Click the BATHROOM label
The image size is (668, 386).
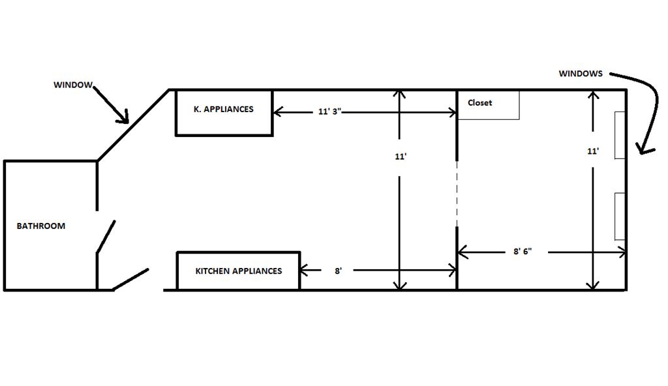point(40,226)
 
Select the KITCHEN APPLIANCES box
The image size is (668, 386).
point(238,271)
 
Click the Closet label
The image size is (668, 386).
point(479,103)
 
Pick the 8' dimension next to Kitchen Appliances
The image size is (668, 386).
point(338,271)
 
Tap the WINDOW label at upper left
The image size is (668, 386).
point(73,85)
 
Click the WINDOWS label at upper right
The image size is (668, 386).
point(581,74)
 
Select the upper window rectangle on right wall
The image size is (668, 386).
point(620,135)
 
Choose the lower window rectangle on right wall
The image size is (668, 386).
point(620,216)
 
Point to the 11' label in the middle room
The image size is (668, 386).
point(401,156)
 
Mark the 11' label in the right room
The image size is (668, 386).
point(592,151)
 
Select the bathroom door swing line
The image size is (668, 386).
point(106,236)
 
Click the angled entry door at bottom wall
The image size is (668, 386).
point(131,279)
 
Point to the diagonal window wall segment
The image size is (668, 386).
point(134,125)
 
